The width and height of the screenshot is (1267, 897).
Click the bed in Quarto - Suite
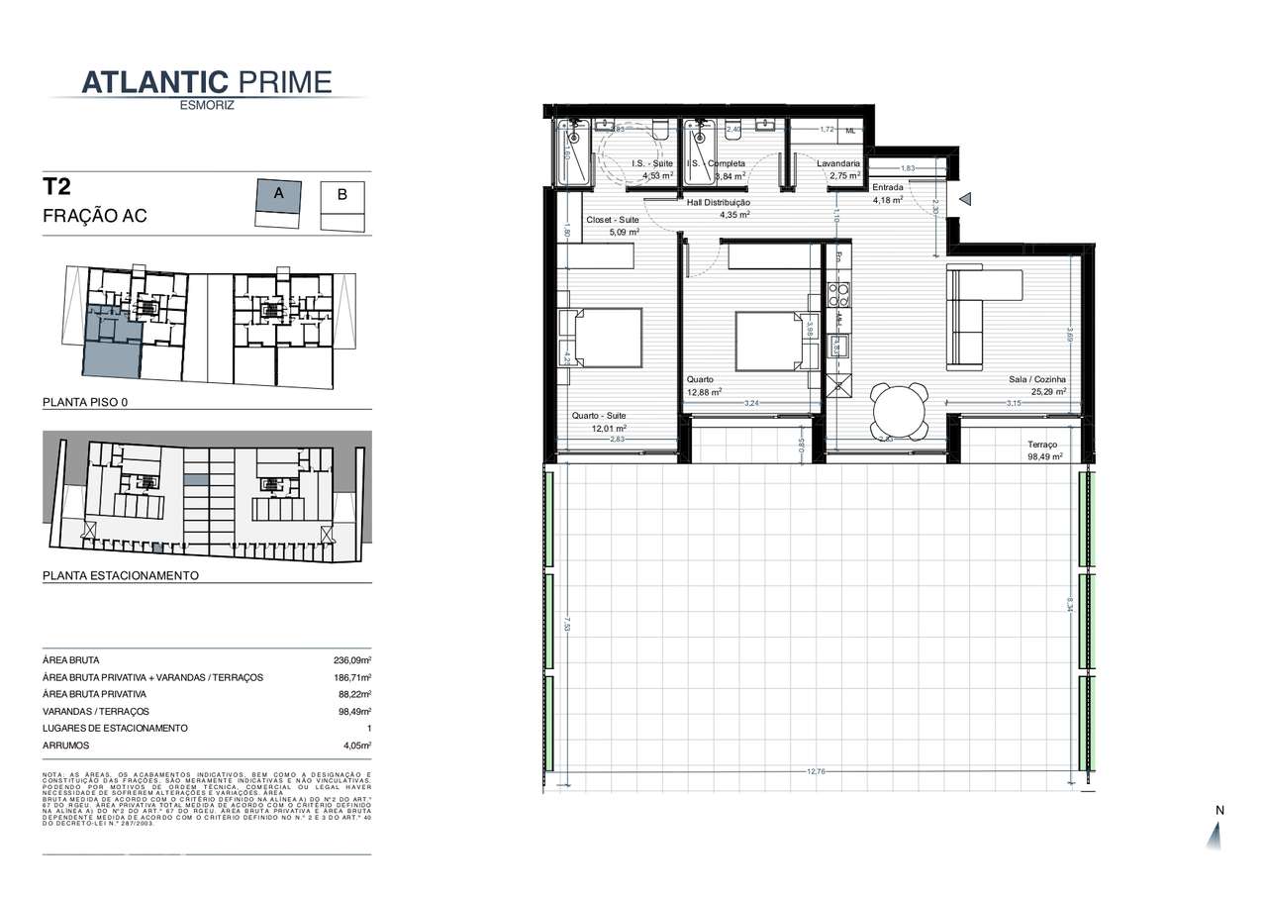(606, 338)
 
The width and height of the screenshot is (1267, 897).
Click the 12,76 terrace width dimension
(815, 771)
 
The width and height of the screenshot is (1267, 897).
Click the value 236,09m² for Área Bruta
(351, 660)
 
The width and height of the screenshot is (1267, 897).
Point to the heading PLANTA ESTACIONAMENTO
(121, 575)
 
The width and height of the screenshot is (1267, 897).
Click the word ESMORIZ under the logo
(207, 105)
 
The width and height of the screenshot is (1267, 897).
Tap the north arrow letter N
(1219, 811)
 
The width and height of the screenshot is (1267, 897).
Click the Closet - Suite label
(613, 220)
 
